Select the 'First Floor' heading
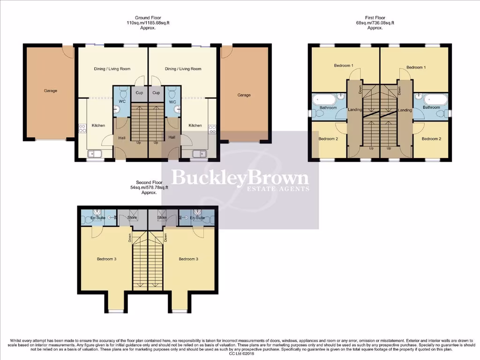375,18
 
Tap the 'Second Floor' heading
149,182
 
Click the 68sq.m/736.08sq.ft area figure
375,23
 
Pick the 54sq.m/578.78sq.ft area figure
149,187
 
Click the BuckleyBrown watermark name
240,178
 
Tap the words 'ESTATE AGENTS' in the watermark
278,189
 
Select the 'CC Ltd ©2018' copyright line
240,354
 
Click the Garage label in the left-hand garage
51,90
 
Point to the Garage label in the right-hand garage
244,95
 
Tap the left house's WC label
122,102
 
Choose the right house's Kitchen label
195,125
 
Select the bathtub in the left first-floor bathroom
324,99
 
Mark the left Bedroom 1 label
344,66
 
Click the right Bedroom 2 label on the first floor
431,139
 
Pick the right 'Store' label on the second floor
162,217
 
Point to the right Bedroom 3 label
188,259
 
